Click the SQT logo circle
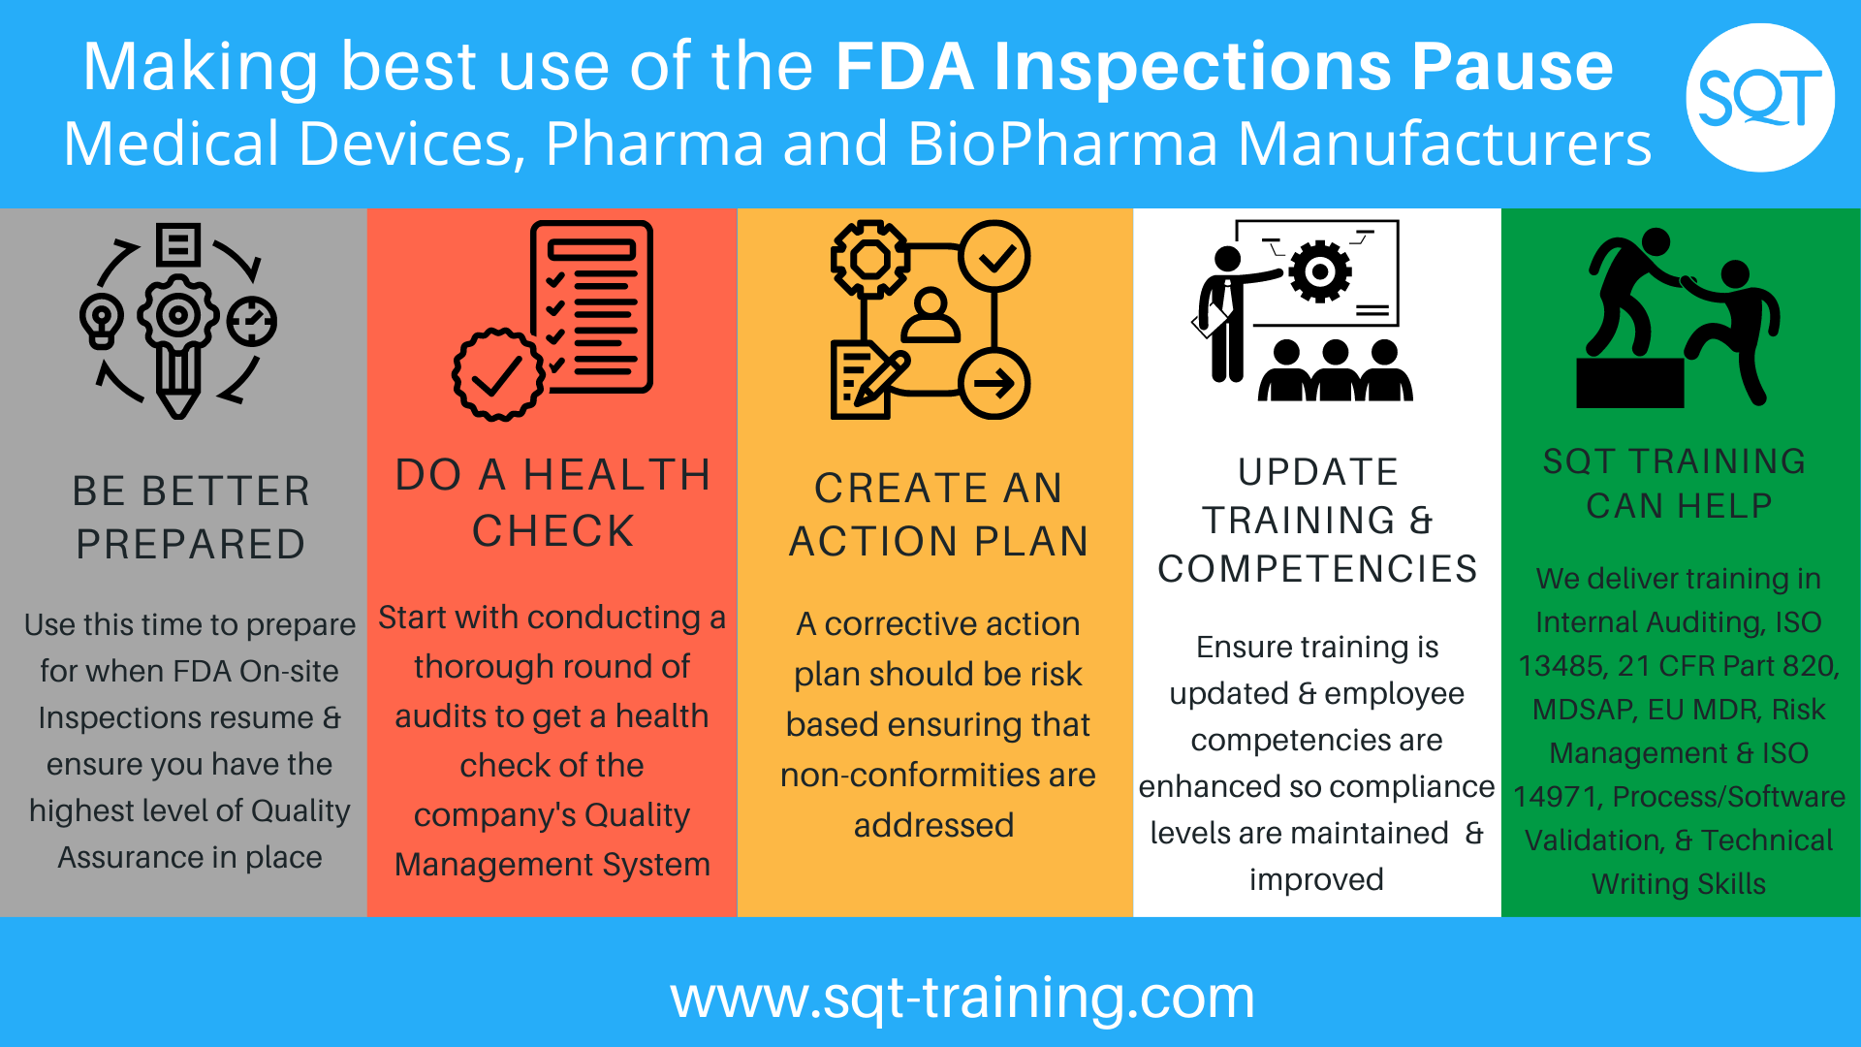point(1760,98)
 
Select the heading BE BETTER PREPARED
point(191,518)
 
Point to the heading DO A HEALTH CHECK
point(552,502)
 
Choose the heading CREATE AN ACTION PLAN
point(938,515)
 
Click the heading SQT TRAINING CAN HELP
point(1675,483)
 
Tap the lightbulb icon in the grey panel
point(102,321)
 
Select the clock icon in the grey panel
point(252,321)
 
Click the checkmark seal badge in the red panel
point(498,375)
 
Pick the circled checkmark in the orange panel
point(994,257)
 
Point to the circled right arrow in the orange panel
point(994,384)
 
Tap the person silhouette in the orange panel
point(930,315)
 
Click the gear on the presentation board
point(1319,271)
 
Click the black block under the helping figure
point(1630,383)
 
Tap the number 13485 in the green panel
point(1560,666)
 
